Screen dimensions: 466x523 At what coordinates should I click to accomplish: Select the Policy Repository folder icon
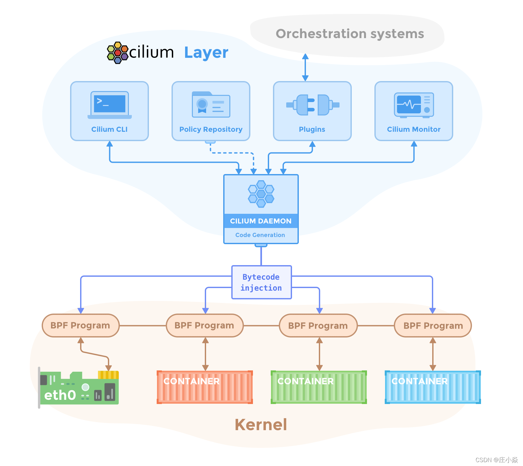211,104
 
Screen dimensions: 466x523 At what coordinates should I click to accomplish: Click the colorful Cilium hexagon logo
118,53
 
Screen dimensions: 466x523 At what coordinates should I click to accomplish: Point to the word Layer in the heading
206,53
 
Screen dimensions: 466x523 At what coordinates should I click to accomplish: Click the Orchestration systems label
350,34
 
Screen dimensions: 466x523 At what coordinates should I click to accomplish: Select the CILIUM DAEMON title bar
261,221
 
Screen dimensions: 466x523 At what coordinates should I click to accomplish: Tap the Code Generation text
260,235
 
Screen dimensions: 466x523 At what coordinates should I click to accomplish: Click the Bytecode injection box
261,282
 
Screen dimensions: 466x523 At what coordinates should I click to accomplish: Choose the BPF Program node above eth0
80,326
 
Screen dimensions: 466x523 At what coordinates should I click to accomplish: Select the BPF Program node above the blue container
433,326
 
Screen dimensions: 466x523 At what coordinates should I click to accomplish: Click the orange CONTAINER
205,387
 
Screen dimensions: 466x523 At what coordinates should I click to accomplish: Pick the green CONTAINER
319,387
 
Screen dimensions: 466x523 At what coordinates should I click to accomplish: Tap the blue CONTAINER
433,387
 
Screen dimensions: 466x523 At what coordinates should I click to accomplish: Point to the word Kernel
261,425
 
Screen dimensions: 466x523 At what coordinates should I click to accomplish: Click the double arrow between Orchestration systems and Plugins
305,67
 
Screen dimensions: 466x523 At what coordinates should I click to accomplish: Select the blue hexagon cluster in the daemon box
261,194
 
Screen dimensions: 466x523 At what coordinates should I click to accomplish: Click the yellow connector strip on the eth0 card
109,375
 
